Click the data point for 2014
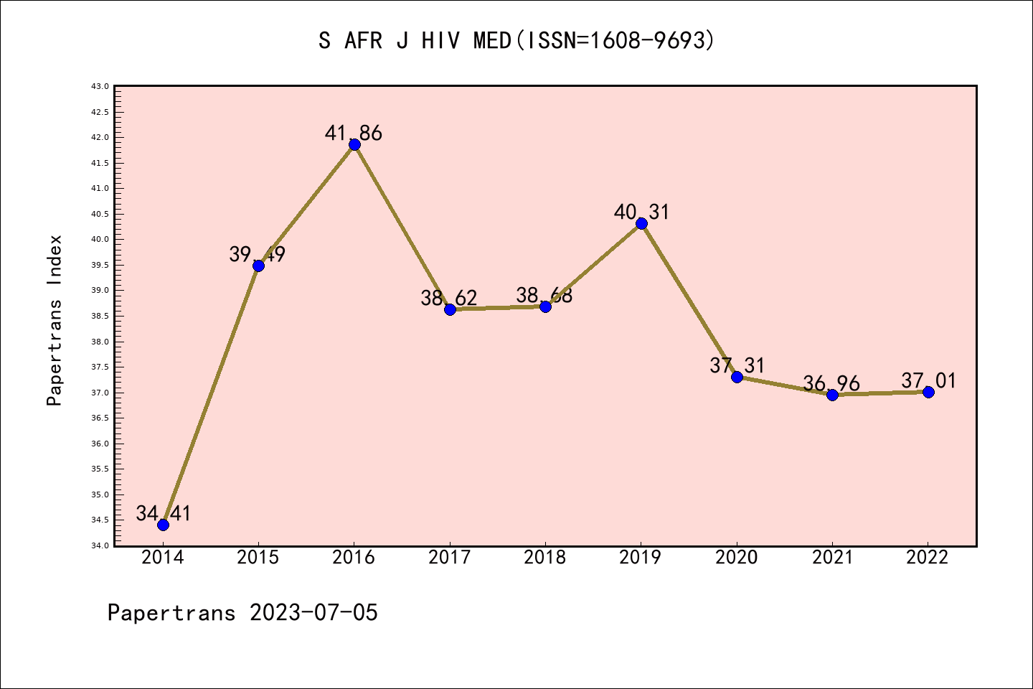[163, 525]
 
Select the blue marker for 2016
[354, 144]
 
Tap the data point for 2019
[641, 224]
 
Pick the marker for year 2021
[832, 395]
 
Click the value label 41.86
[354, 133]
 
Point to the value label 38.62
[449, 298]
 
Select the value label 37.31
[737, 365]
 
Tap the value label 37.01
[929, 380]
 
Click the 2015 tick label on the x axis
[258, 558]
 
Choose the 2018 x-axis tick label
[545, 558]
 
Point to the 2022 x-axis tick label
[928, 558]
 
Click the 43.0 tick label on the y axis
[100, 86]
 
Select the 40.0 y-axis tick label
[100, 240]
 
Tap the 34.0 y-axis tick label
[100, 545]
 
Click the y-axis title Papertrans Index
[55, 320]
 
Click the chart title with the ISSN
[516, 41]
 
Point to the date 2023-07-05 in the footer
[313, 613]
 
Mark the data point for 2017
[450, 309]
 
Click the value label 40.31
[641, 212]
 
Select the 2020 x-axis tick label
[737, 558]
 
